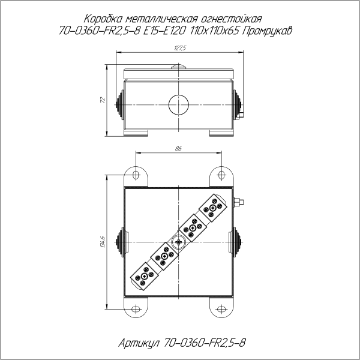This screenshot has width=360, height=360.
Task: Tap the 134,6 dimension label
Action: (x=103, y=242)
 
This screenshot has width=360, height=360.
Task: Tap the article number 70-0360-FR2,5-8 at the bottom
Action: (x=205, y=343)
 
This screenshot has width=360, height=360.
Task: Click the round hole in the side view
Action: (x=178, y=104)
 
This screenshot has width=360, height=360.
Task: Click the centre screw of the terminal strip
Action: (x=178, y=242)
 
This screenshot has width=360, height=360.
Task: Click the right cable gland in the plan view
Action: (x=238, y=242)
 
